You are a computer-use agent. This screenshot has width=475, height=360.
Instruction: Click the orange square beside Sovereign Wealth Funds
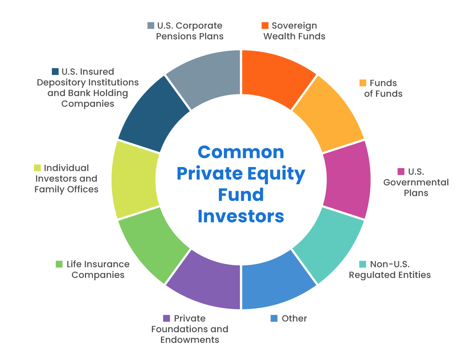click(265, 26)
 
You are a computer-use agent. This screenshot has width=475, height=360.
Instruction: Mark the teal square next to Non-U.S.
click(363, 264)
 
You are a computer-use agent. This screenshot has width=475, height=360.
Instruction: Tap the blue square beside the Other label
click(274, 319)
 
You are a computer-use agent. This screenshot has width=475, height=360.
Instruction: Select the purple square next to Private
click(166, 319)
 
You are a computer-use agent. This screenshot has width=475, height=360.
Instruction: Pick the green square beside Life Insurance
click(59, 264)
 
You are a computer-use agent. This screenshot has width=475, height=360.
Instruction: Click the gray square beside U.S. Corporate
click(151, 26)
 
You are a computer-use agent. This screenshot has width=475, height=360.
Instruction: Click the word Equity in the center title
click(277, 174)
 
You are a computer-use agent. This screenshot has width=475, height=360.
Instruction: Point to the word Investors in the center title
click(241, 216)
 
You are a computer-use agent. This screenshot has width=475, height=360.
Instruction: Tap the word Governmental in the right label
click(416, 182)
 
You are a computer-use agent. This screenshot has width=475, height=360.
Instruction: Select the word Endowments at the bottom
click(190, 340)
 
